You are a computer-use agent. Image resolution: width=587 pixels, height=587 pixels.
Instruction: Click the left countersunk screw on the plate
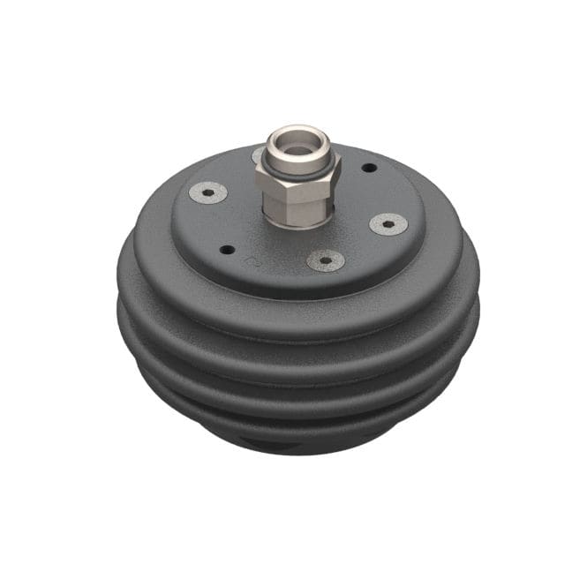pos(209,192)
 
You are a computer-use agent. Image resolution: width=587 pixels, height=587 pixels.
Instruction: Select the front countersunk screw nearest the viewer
pos(325,260)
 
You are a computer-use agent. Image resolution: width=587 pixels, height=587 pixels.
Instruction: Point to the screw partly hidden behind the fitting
pos(259,156)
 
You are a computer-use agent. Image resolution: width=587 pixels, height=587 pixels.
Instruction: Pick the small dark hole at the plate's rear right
pos(369,167)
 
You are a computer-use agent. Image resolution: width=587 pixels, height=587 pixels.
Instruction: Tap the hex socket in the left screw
pos(209,192)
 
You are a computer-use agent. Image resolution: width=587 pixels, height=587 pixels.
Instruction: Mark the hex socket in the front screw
pos(325,260)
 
